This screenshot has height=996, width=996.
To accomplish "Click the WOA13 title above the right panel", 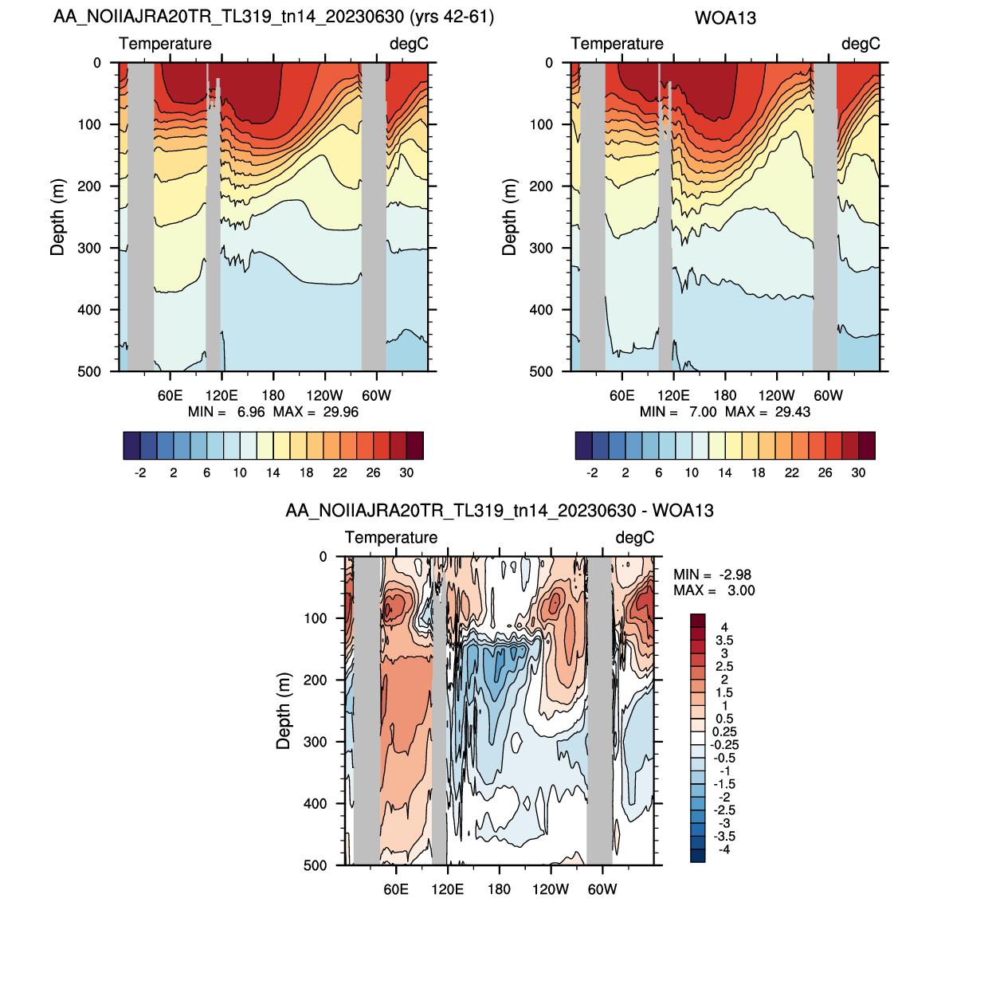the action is click(x=724, y=18).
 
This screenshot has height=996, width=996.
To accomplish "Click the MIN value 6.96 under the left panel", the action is click(x=251, y=412).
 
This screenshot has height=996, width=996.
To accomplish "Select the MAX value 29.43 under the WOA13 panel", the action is click(x=792, y=412).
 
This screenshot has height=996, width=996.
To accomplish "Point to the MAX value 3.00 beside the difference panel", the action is click(x=741, y=590).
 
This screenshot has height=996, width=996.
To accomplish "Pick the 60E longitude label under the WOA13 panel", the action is click(x=622, y=395).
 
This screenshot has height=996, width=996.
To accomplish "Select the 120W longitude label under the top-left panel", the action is click(x=324, y=395).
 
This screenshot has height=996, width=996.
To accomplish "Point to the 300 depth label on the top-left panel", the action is click(x=89, y=248).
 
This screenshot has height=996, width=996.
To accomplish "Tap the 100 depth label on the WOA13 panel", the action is click(x=541, y=124).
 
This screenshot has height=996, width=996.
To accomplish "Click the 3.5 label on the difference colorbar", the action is click(x=724, y=641).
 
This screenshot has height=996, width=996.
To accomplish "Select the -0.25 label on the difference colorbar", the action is click(x=724, y=745).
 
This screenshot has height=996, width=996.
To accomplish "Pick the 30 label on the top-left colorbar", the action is click(x=406, y=473).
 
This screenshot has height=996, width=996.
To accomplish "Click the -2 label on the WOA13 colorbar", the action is click(x=592, y=473).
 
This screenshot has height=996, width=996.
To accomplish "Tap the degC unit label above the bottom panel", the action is click(x=635, y=538).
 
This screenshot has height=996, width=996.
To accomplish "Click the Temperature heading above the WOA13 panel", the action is click(x=617, y=44).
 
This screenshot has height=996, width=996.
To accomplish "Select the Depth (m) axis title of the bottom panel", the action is click(x=284, y=711).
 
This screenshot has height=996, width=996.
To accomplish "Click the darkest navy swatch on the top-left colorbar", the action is click(x=131, y=445).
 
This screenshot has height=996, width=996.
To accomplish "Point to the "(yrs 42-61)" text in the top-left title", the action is click(x=451, y=17).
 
